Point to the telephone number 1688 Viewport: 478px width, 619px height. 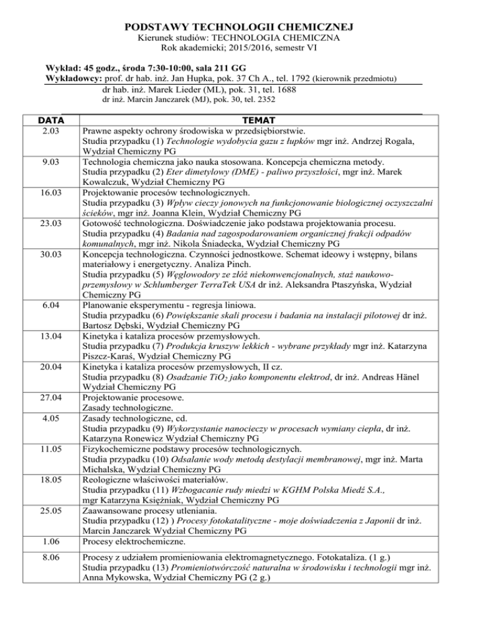tap(283, 89)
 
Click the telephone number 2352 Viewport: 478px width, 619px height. tap(266, 99)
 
